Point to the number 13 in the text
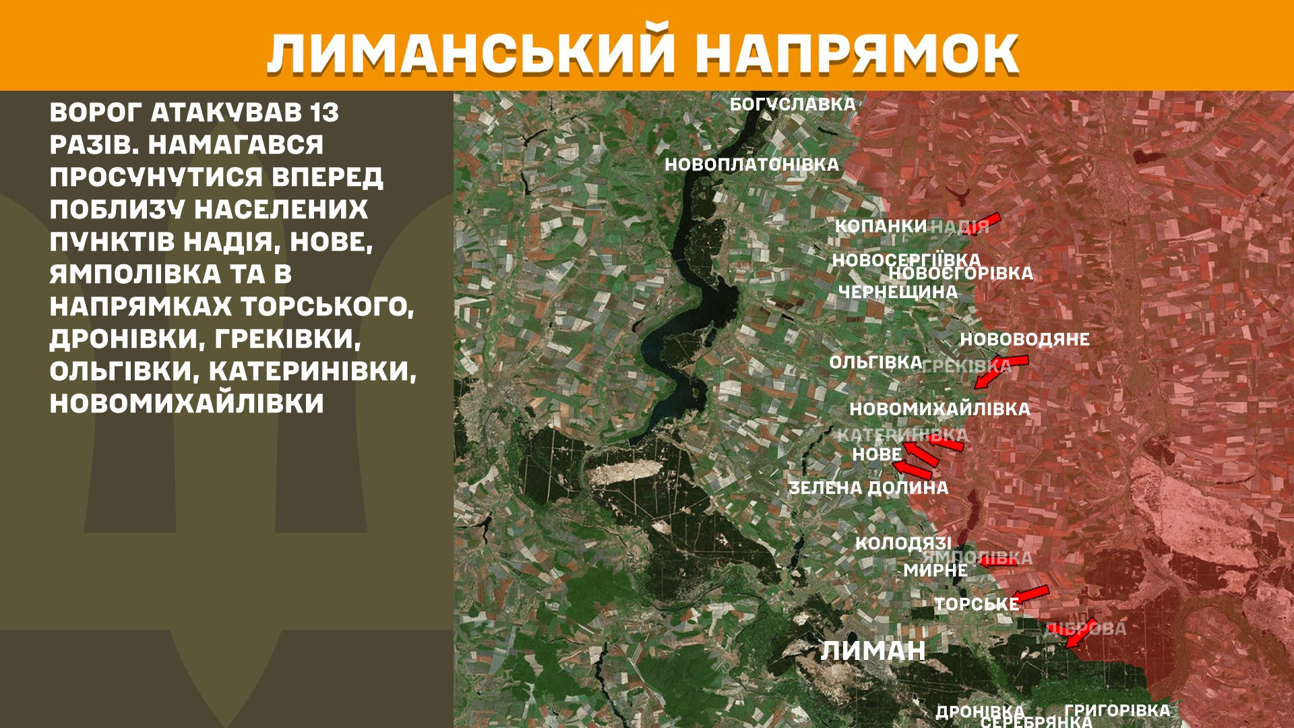tap(324, 113)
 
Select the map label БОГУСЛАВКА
tap(793, 104)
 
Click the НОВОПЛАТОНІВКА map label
tap(751, 164)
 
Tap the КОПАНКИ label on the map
tap(881, 226)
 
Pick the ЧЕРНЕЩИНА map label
tap(898, 292)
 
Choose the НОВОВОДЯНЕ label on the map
tap(1024, 339)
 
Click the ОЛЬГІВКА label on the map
tap(875, 363)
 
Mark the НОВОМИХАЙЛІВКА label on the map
tap(939, 409)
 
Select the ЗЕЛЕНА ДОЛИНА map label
tap(868, 487)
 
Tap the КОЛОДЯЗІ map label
tap(903, 543)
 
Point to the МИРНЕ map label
tap(935, 570)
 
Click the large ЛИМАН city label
tap(873, 650)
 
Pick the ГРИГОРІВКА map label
tap(1117, 710)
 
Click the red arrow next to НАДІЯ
tap(985, 222)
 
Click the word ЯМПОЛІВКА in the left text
tap(135, 274)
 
